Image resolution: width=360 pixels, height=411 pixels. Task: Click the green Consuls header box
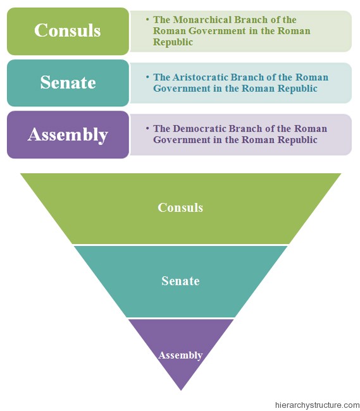[x=68, y=30]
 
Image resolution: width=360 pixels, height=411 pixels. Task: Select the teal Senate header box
[x=68, y=82]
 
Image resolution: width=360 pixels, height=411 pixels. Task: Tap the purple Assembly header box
[x=68, y=134]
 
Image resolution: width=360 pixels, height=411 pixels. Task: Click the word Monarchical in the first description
[x=200, y=20]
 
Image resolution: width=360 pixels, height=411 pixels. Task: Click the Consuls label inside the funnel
[x=180, y=207]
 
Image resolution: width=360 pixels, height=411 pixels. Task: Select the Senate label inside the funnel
[x=180, y=281]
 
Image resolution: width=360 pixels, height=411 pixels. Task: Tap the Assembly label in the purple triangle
[x=180, y=355]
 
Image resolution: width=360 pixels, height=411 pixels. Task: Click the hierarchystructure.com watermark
[x=317, y=405]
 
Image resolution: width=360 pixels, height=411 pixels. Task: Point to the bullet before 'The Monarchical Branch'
[x=147, y=20]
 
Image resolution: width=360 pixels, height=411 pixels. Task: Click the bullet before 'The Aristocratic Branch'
[x=147, y=77]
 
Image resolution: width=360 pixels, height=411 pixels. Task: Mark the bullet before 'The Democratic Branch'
[x=147, y=128]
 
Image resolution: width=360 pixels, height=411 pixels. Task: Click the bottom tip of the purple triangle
[x=180, y=389]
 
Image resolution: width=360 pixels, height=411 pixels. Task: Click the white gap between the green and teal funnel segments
[x=180, y=245]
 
